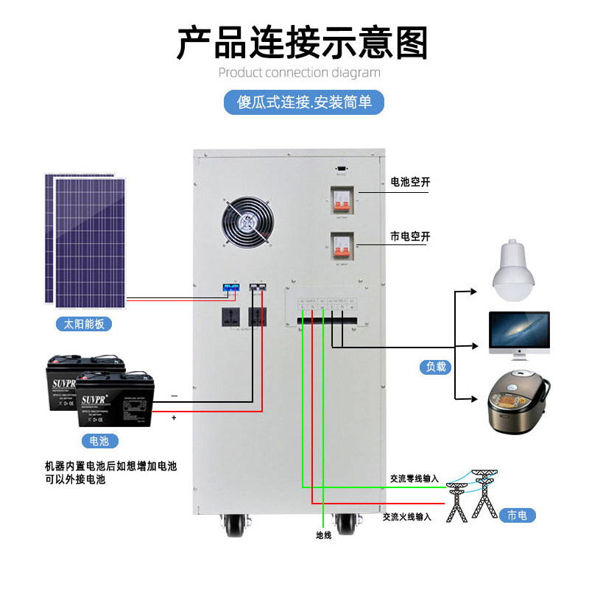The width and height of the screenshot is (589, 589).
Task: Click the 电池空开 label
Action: (x=410, y=181)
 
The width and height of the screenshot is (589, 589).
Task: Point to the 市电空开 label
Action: (x=410, y=237)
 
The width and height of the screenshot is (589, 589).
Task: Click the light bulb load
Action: (x=512, y=271)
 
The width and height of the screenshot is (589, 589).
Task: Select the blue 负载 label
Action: (x=434, y=366)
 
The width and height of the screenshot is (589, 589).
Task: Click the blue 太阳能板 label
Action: (x=83, y=323)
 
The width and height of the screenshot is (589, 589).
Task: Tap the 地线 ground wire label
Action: (x=324, y=535)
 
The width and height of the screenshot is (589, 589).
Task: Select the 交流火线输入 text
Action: (x=407, y=517)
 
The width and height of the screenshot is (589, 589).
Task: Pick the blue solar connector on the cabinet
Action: (x=231, y=288)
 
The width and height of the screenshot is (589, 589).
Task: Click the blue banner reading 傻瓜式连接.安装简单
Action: (x=305, y=102)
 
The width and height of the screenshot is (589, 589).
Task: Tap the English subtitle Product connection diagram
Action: (x=300, y=73)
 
